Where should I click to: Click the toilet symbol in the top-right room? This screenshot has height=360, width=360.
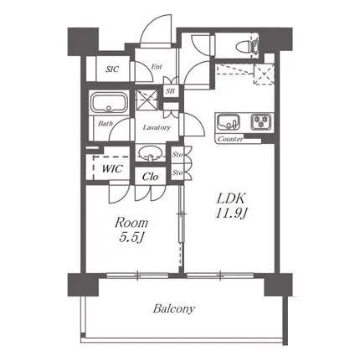(249, 46)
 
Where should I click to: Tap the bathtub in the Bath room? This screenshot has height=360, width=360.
(110, 103)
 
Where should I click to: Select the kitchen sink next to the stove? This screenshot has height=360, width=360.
(229, 122)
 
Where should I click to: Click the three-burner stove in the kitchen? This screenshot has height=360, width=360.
(262, 122)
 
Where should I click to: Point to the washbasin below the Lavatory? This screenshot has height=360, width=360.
(150, 153)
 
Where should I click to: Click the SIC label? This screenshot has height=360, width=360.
(112, 69)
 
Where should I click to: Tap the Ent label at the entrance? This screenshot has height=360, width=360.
(157, 67)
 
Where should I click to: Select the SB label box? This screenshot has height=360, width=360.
(170, 91)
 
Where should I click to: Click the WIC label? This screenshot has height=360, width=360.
(112, 168)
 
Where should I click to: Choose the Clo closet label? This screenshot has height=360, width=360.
(150, 177)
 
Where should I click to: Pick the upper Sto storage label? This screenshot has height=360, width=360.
(177, 154)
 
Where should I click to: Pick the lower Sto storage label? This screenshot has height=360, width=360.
(177, 172)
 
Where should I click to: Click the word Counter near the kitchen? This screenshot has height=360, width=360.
(230, 139)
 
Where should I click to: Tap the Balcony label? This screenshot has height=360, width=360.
(173, 309)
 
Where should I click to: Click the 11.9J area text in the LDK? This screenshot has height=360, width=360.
(231, 213)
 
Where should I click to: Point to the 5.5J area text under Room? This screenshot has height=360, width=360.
(131, 238)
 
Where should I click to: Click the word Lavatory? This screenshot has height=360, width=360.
(157, 127)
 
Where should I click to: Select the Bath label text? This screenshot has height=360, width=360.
(105, 124)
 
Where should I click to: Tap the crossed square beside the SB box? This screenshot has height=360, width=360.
(147, 100)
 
